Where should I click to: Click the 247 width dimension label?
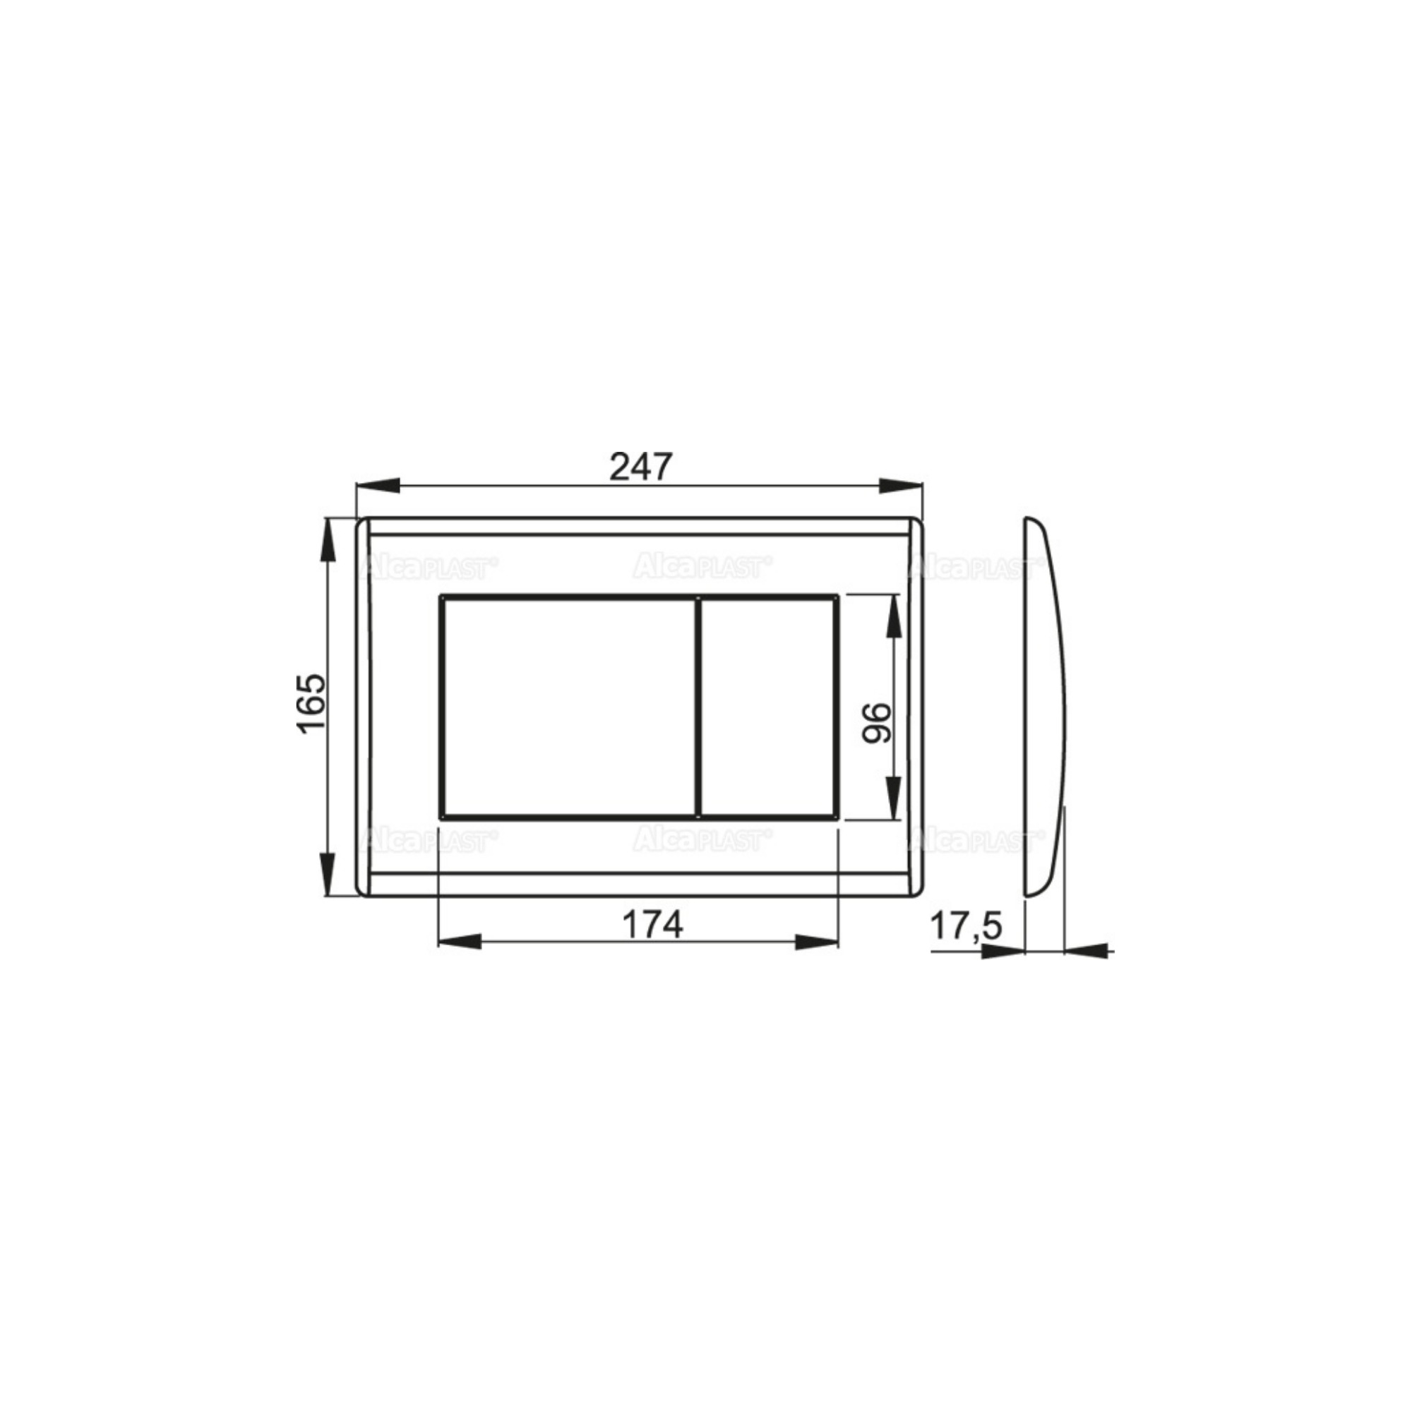(640, 466)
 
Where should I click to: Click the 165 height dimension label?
(310, 702)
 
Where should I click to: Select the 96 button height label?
(877, 723)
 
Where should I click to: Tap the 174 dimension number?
(652, 925)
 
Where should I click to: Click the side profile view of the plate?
(1045, 707)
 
